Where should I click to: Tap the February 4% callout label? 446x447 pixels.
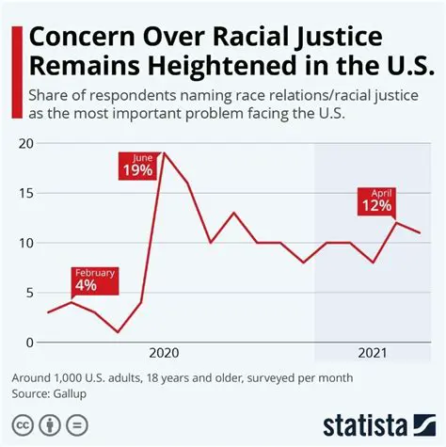94,279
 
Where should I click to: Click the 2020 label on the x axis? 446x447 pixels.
165,353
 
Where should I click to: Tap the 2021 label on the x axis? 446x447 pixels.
372,353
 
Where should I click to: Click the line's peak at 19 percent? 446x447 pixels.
165,153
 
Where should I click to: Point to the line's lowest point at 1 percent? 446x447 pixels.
118,332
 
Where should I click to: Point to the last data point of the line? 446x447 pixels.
420,232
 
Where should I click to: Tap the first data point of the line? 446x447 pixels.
48,312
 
